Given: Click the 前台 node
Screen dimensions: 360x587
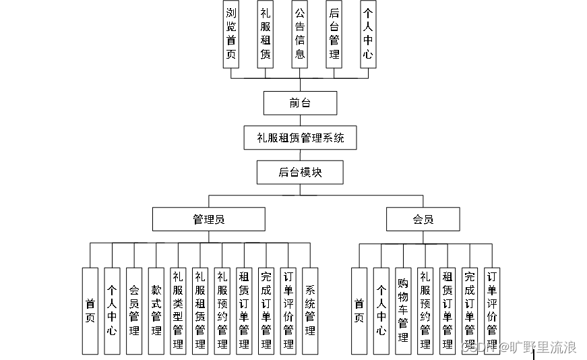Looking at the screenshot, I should pos(299,103).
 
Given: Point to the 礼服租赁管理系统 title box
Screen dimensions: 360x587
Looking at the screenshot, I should pos(300,138).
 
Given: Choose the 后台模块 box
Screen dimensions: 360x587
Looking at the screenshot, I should pos(300,172).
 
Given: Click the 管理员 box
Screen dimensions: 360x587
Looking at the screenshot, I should pos(208,219).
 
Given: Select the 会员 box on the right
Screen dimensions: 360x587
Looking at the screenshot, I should pos(423,219).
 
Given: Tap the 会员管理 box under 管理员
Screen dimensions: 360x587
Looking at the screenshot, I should pos(134,311).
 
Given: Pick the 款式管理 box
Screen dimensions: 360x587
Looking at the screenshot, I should pos(156,311).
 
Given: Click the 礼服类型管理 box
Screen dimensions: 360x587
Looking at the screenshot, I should pos(178,311).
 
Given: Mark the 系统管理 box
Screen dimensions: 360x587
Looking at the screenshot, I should pos(310,311).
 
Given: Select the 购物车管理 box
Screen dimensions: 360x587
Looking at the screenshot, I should pos(402,311).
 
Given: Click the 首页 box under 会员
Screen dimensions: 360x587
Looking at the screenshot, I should pos(359,311).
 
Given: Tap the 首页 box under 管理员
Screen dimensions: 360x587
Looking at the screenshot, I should pos(90,311).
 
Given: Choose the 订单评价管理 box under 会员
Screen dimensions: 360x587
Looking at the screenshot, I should pos(492,311).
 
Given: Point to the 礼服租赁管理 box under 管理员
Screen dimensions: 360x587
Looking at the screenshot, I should pos(200,311).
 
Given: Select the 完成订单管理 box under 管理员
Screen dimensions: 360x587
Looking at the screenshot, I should pos(266,311).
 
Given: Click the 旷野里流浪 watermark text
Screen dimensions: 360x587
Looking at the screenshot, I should pos(543,348).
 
